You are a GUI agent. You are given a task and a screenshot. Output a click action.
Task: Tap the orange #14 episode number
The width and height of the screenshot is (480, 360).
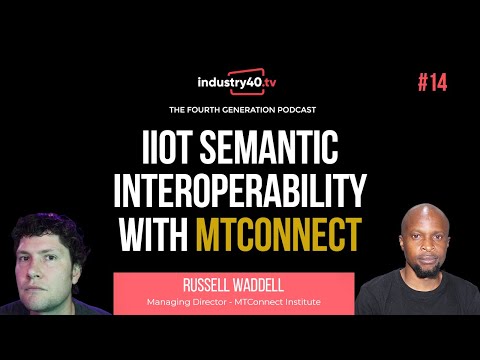433,82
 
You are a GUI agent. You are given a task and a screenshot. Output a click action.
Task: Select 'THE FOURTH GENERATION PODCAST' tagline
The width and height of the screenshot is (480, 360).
240,108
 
